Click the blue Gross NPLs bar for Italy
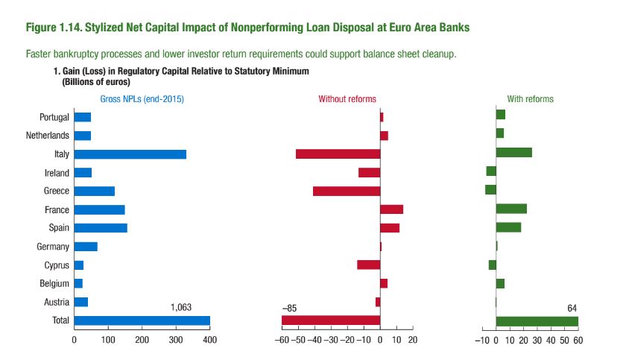130,154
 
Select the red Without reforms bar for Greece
347,191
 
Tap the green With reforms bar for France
511,209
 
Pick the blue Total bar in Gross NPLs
142,320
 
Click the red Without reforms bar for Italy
338,154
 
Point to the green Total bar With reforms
537,320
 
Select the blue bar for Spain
101,227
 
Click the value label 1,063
182,307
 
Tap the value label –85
289,307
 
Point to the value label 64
572,307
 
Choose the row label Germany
53,247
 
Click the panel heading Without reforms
347,98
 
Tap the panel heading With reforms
530,98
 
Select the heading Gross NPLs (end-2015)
142,98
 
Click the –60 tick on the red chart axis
282,340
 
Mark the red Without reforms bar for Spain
390,227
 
